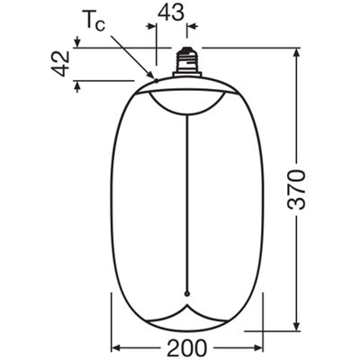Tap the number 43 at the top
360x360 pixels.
pos(172,13)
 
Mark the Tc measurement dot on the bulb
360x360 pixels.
pos(156,80)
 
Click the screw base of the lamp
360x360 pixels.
pos(187,59)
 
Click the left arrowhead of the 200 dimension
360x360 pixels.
pos(115,346)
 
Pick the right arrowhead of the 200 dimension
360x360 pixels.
pos(257,346)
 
